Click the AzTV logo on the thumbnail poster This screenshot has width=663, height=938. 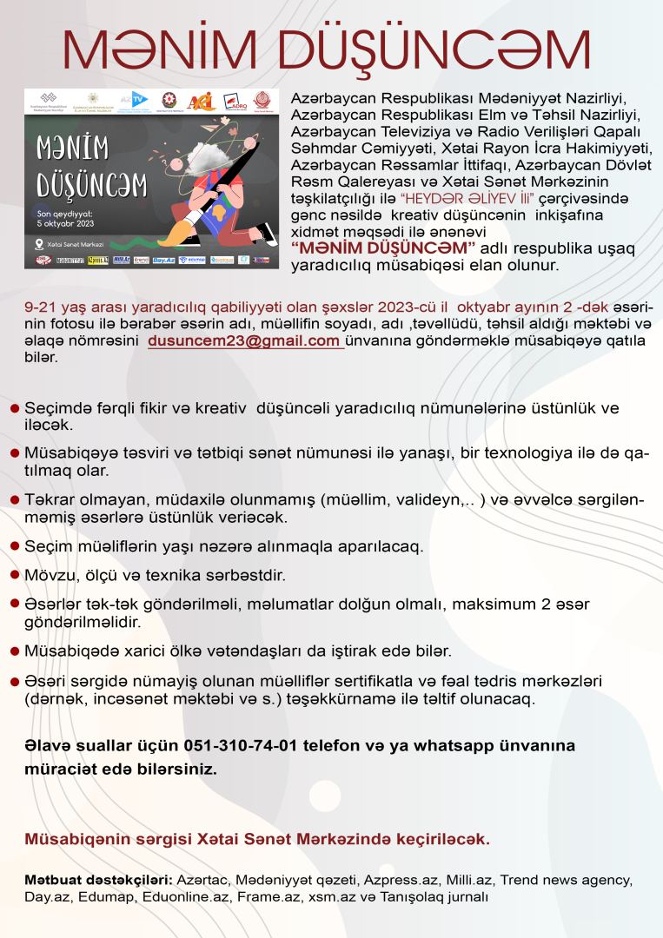[x=136, y=100]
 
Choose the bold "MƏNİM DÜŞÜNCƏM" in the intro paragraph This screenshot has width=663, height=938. [x=383, y=248]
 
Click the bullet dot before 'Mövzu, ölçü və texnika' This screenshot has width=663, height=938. [x=14, y=575]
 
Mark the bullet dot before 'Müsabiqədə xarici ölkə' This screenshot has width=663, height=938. [x=14, y=650]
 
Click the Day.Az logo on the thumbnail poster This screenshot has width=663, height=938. [x=163, y=260]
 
